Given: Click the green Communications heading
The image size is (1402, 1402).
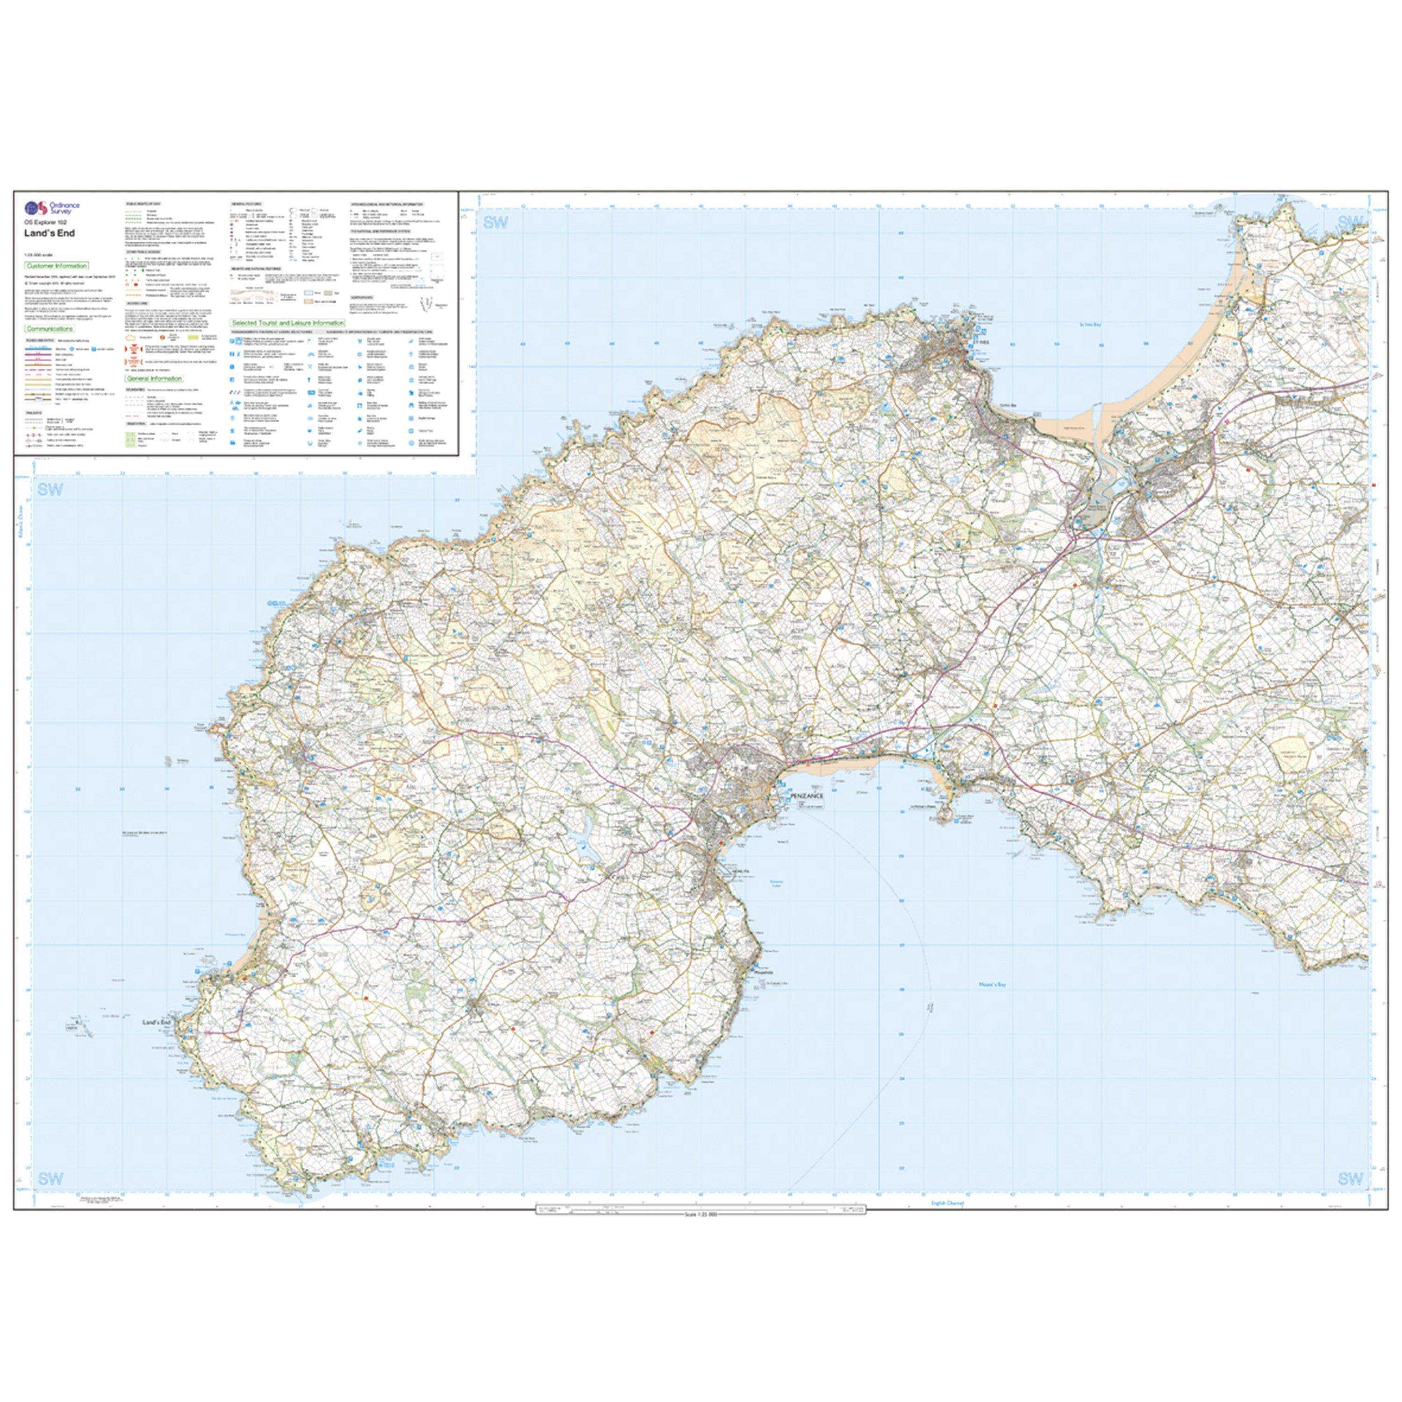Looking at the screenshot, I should pos(50,329).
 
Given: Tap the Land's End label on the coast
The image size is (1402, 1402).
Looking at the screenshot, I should pos(156,1023).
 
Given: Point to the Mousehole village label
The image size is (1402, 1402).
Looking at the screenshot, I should pos(760,973).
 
